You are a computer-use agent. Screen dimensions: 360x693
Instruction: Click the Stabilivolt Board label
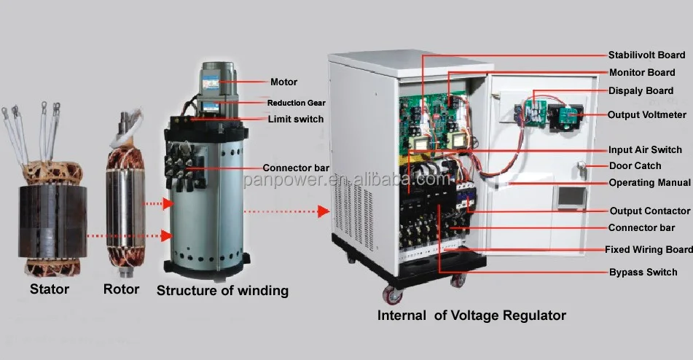(x=646, y=55)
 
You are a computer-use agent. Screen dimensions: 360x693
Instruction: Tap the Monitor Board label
(x=642, y=73)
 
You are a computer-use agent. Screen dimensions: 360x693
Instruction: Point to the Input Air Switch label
(x=646, y=150)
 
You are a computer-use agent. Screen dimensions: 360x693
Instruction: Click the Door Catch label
(x=635, y=166)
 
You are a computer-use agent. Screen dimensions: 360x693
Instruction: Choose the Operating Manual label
(x=649, y=183)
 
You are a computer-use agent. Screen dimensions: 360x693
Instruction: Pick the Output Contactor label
(x=649, y=211)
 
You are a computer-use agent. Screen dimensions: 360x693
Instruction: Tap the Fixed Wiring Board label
(x=649, y=249)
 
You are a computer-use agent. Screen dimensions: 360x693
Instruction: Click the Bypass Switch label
(x=643, y=273)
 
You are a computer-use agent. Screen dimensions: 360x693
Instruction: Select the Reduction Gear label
(x=296, y=103)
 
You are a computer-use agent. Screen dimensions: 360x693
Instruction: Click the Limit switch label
(x=295, y=119)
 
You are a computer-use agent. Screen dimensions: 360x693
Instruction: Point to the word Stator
(x=50, y=289)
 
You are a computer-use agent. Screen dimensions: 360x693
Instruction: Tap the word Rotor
(x=121, y=289)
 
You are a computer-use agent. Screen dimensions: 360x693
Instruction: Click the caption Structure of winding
(x=222, y=291)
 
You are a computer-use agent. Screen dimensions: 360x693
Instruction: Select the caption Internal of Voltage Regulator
(x=471, y=316)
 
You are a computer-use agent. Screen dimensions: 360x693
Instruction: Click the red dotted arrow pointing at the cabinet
(x=284, y=211)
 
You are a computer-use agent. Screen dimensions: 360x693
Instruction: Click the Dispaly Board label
(x=641, y=91)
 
